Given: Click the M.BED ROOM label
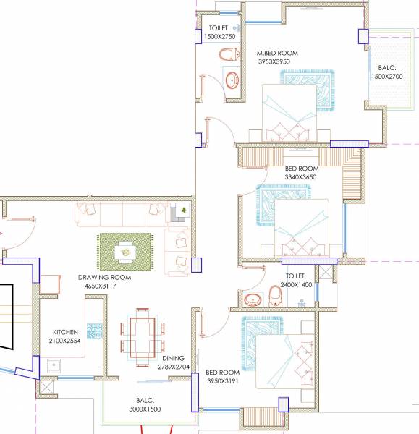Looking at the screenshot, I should [277, 54].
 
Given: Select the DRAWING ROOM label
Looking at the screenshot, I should [105, 278].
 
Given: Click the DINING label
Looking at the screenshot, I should [173, 358].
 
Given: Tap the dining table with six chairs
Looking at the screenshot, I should [141, 336].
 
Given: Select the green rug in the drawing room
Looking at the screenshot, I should [125, 251].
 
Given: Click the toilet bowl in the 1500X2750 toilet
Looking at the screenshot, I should [228, 54].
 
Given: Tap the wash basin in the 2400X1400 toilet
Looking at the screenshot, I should [253, 299].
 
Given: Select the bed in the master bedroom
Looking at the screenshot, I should [289, 112].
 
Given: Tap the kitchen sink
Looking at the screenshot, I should [53, 366].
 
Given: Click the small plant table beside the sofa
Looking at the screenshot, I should [180, 211].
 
